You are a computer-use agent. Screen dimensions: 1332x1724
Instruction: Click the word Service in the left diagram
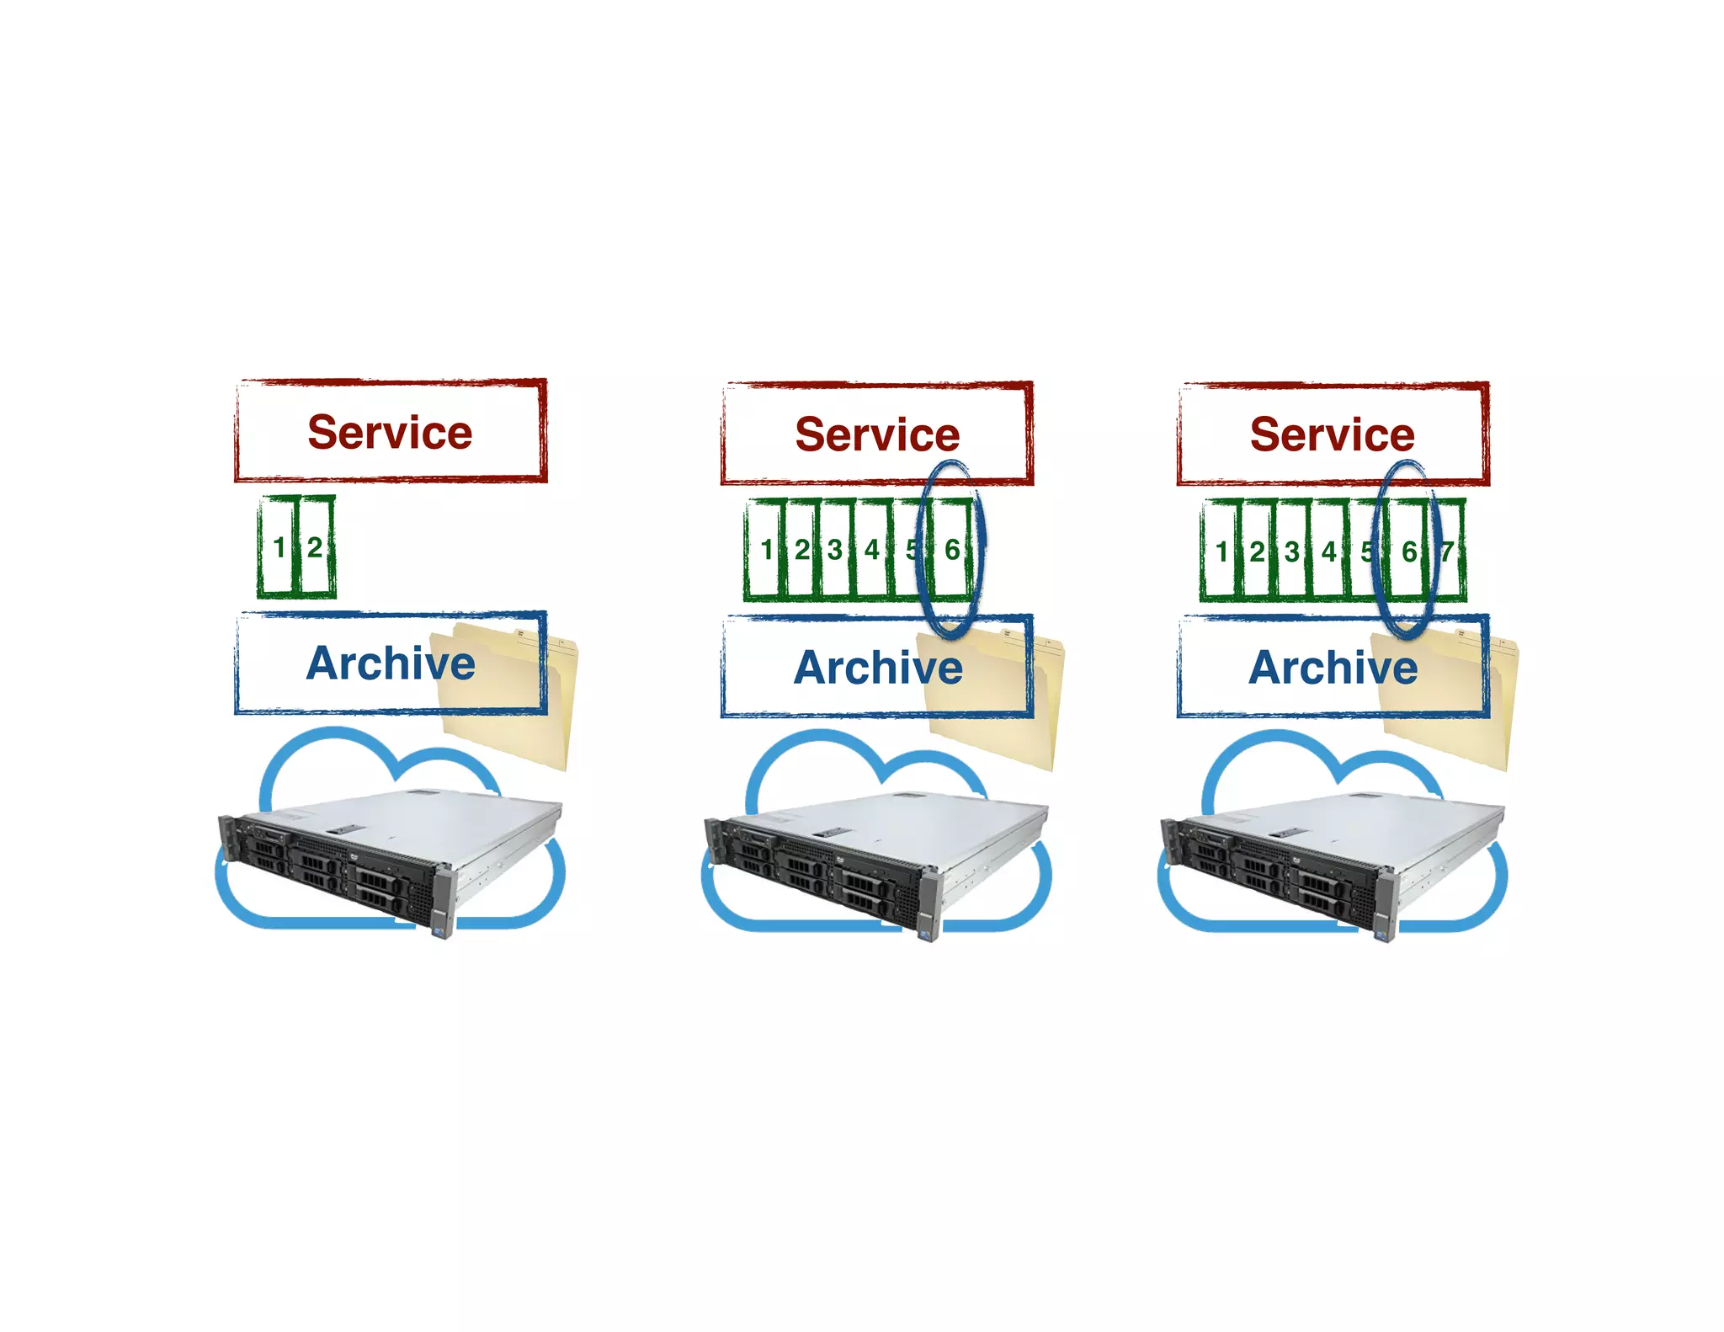tap(390, 432)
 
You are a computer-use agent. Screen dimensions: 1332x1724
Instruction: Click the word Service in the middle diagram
tap(877, 434)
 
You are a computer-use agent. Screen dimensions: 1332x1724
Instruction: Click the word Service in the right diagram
tap(1332, 434)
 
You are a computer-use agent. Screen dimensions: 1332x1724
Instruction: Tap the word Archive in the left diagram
tap(391, 663)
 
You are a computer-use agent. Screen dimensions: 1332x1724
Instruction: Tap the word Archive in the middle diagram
tap(878, 668)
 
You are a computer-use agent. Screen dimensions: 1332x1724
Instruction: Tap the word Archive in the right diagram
tap(1333, 668)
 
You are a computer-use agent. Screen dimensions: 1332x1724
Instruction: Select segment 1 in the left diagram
tap(279, 547)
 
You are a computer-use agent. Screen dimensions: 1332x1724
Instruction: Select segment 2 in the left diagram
tap(315, 547)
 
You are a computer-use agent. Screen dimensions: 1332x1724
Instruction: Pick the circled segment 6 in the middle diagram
tap(952, 550)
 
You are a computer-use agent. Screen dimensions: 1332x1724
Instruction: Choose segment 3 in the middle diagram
tap(835, 550)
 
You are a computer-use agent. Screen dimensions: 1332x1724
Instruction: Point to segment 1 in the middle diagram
tap(766, 550)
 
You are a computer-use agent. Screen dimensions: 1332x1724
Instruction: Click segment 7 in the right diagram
tap(1448, 551)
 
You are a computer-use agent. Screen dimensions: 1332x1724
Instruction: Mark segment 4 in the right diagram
tap(1329, 551)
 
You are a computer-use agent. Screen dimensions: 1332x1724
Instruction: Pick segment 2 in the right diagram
tap(1257, 551)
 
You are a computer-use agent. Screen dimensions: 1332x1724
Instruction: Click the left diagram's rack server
tap(387, 859)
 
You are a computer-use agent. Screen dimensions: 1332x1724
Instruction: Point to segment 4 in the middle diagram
tap(872, 550)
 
